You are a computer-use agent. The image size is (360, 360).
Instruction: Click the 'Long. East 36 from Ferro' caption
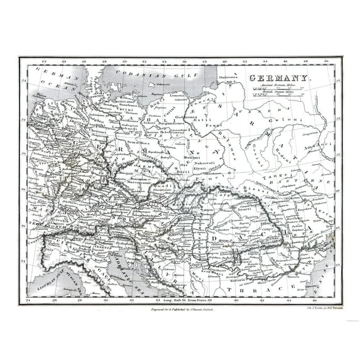coord(188,302)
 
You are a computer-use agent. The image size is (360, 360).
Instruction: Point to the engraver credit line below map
coord(179,310)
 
